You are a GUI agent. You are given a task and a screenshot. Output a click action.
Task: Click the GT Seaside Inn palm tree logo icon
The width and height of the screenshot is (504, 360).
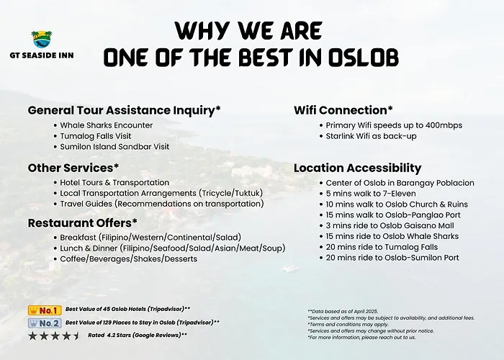point(42,39)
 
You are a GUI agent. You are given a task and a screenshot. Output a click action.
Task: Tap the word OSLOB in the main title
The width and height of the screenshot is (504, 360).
point(363,58)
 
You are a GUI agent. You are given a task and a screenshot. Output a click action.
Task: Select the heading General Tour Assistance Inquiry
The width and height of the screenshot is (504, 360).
point(124,110)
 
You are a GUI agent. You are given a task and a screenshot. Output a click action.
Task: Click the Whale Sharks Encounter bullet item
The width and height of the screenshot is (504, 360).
point(106,125)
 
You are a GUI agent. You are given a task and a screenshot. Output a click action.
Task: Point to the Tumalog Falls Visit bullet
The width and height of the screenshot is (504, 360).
point(96,136)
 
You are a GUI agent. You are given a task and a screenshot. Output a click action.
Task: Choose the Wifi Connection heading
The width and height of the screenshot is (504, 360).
point(343,110)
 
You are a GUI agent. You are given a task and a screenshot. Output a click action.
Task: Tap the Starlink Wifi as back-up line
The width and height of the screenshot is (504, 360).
point(371,136)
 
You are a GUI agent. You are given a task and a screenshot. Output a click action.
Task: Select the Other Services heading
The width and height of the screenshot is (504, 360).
point(73,168)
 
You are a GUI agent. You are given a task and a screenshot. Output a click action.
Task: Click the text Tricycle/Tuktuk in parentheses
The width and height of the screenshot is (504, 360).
point(230,193)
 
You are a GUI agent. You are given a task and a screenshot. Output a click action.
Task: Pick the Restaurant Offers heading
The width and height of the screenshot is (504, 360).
point(83,222)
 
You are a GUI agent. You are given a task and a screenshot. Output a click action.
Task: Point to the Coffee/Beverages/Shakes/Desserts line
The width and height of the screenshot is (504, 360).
point(129,259)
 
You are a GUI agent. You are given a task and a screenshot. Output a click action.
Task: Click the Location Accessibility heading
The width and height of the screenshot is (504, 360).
point(357,168)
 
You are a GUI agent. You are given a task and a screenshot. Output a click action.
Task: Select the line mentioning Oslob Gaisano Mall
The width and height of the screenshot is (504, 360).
point(390,225)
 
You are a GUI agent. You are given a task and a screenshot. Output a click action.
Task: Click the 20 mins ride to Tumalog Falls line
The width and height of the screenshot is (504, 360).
point(382,247)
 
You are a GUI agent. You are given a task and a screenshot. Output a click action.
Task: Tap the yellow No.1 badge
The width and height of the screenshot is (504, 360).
point(45,310)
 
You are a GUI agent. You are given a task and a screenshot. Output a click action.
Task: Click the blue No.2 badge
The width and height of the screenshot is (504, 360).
point(45,323)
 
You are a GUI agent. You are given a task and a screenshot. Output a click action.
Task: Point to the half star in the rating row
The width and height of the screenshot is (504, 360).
point(76,336)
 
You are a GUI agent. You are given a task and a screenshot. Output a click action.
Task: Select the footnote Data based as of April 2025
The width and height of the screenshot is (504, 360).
point(343,312)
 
